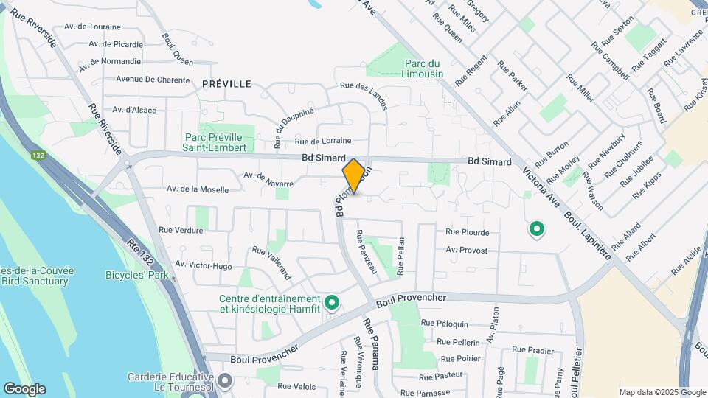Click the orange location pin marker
[354, 176]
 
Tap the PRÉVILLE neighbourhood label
[226, 84]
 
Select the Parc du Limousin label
[423, 69]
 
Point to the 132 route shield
[38, 156]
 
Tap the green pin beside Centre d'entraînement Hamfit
[332, 303]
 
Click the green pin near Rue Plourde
[537, 230]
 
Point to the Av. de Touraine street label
[92, 27]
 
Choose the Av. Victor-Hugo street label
[204, 266]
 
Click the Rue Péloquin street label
[444, 324]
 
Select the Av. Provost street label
[467, 251]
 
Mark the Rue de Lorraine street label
[322, 141]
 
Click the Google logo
[24, 388]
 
